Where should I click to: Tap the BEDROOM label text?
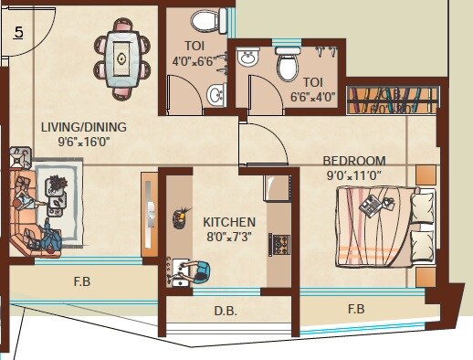(x=355, y=161)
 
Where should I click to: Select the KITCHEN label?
(x=228, y=222)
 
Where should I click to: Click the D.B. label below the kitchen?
(x=226, y=311)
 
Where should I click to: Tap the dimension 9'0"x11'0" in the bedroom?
(x=355, y=175)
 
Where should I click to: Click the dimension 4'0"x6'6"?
(x=194, y=61)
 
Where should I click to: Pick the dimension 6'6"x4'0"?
(x=312, y=94)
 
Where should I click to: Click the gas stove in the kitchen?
(x=278, y=244)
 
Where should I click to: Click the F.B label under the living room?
(x=82, y=281)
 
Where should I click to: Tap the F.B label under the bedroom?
(x=356, y=309)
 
